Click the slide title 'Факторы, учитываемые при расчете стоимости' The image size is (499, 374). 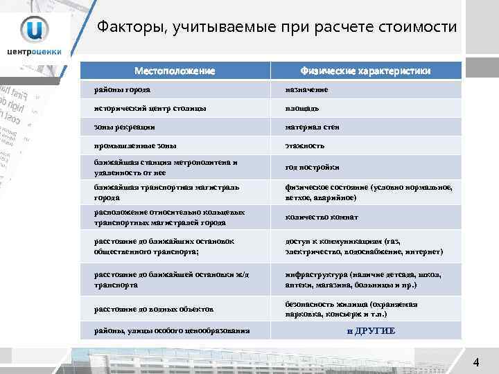pos(277,28)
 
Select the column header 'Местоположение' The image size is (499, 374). pos(175,71)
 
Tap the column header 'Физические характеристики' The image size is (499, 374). pos(365,71)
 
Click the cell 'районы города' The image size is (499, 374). pos(122,90)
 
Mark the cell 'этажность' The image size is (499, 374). pos(305,146)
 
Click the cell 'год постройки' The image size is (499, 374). pos(313,167)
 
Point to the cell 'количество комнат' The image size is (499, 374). pos(322,217)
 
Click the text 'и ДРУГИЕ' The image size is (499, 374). pos(371,330)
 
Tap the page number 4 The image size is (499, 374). pos(476,362)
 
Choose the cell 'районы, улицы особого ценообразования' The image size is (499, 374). pos(172,330)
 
